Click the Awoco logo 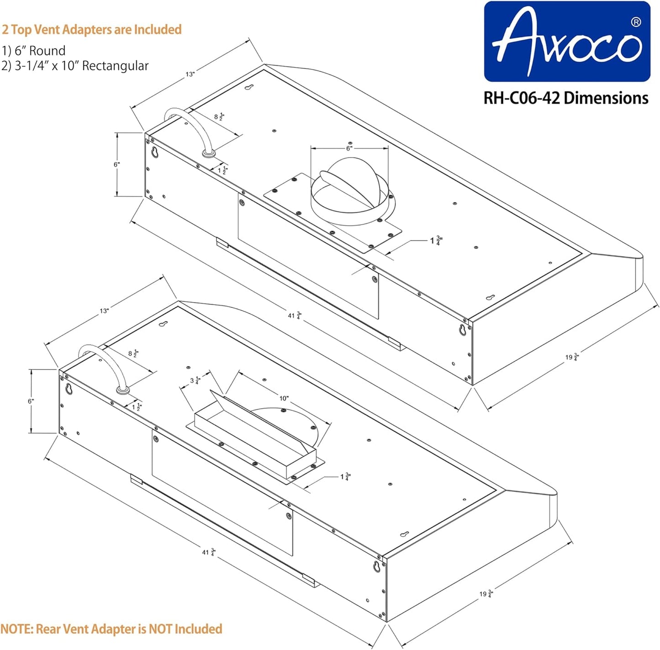pos(566,42)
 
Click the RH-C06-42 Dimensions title pos(566,98)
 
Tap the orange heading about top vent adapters pos(92,30)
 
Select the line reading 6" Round pos(34,51)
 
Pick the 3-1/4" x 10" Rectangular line pos(75,66)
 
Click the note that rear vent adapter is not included pos(111,629)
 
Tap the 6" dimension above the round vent pos(349,148)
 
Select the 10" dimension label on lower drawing pos(284,398)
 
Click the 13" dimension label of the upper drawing pos(190,74)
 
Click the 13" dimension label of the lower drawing pos(104,311)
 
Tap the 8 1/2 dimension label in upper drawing pos(219,117)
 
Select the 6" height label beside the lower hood pos(31,401)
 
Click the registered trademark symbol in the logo pos(635,22)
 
